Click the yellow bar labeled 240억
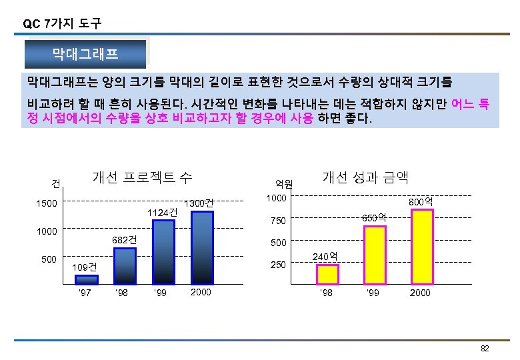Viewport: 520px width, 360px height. [327, 274]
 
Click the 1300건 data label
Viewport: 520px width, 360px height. [199, 203]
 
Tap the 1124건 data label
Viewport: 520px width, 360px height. [163, 212]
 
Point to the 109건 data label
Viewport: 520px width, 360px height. [85, 267]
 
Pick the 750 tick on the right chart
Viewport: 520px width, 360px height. [277, 221]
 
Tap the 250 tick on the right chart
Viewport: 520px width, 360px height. [277, 265]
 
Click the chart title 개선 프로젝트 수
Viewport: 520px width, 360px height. [143, 177]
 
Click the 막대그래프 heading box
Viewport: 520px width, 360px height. [85, 54]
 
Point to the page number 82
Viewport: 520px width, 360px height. [485, 349]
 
